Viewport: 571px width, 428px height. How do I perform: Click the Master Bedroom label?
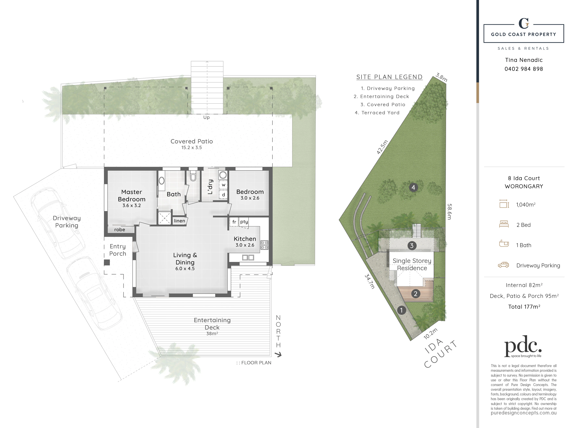pyautogui.click(x=132, y=196)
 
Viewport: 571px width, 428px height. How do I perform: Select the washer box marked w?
pyautogui.click(x=223, y=185)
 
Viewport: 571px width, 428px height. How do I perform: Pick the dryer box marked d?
pyautogui.click(x=223, y=195)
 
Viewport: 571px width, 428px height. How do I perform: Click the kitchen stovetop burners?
pyautogui.click(x=264, y=245)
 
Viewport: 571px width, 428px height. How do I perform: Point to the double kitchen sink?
pyautogui.click(x=248, y=257)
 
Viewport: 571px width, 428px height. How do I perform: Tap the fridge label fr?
pyautogui.click(x=234, y=222)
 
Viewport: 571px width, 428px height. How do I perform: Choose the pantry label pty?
pyautogui.click(x=244, y=222)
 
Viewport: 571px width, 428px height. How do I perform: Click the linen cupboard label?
pyautogui.click(x=179, y=221)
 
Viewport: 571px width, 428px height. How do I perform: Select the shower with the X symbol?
pyautogui.click(x=164, y=218)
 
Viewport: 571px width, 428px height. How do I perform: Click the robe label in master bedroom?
pyautogui.click(x=119, y=230)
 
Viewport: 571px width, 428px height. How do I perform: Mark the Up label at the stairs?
pyautogui.click(x=206, y=117)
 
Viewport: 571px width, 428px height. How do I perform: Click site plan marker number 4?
pyautogui.click(x=413, y=187)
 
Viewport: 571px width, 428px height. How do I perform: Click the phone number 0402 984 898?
pyautogui.click(x=524, y=69)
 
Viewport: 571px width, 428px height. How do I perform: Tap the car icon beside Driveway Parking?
pyautogui.click(x=503, y=265)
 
